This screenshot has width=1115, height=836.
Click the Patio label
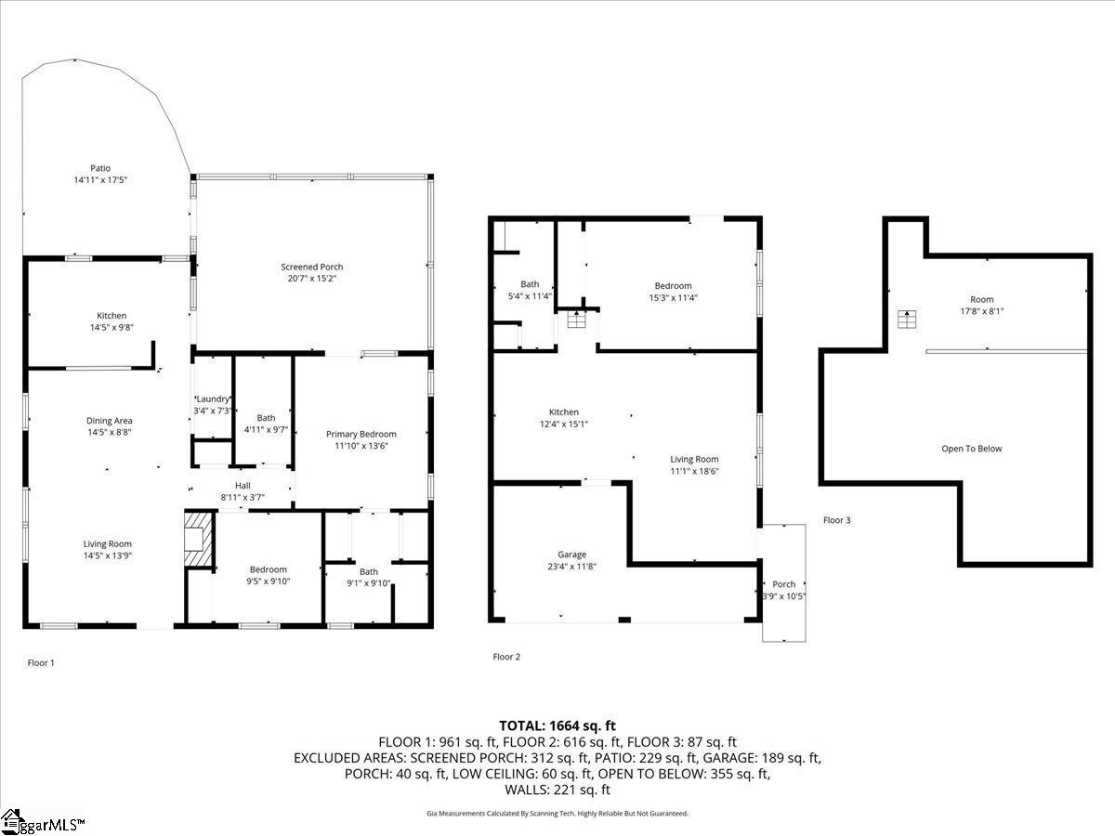tap(100, 168)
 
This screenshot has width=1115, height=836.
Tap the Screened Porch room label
tap(312, 268)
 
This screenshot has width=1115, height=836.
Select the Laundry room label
tap(212, 398)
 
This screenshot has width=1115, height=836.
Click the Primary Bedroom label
tap(361, 434)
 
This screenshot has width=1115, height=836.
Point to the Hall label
tap(243, 485)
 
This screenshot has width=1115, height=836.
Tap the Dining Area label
tap(110, 421)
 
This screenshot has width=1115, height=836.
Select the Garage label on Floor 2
tap(572, 555)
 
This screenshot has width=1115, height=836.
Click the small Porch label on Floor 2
tap(784, 584)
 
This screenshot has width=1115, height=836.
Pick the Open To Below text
tap(972, 449)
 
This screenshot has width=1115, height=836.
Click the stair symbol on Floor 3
tap(905, 320)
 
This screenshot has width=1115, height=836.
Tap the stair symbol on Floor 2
tap(576, 320)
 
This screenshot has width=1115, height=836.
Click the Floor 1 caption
tap(41, 662)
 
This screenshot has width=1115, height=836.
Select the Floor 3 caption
tap(836, 520)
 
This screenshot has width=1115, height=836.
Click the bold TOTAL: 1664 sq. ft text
tap(557, 725)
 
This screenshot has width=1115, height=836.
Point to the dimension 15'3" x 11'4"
tap(673, 298)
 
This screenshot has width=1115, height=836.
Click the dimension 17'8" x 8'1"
tap(982, 312)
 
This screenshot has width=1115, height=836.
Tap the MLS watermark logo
tap(44, 822)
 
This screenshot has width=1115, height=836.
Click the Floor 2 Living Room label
tap(695, 459)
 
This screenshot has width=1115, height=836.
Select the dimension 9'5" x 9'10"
tap(268, 581)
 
